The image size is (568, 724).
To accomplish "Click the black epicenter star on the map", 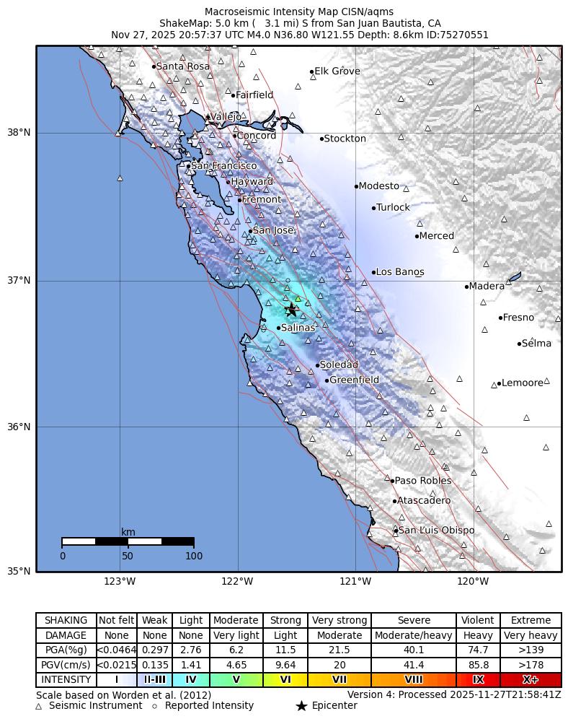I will pyautogui.click(x=291, y=310).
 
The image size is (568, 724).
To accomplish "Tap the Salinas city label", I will pyautogui.click(x=298, y=328).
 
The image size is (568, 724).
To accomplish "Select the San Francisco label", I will pyautogui.click(x=223, y=166).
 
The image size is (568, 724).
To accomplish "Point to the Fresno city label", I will pyautogui.click(x=518, y=318).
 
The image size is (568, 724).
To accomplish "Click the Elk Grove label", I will pyautogui.click(x=337, y=71).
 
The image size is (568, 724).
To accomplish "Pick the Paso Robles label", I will pyautogui.click(x=423, y=481).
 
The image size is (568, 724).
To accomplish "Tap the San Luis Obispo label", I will pyautogui.click(x=436, y=531).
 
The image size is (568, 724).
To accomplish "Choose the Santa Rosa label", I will pyautogui.click(x=183, y=66).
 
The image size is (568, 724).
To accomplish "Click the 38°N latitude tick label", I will pyautogui.click(x=19, y=133).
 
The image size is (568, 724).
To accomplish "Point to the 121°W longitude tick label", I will pyautogui.click(x=355, y=582).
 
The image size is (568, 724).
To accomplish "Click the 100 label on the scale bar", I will pyautogui.click(x=194, y=556).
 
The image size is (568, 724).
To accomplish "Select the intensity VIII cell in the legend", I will pyautogui.click(x=414, y=680).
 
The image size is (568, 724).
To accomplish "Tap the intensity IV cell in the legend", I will pyautogui.click(x=191, y=680).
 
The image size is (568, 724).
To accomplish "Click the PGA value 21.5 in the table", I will pyautogui.click(x=340, y=650).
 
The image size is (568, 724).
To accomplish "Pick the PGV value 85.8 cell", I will pyautogui.click(x=478, y=665).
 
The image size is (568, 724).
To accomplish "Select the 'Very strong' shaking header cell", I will pyautogui.click(x=340, y=621).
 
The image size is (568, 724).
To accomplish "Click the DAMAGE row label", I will pyautogui.click(x=66, y=636).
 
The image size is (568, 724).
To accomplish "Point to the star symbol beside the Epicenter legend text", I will pyautogui.click(x=301, y=706).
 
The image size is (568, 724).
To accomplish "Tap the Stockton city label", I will pyautogui.click(x=345, y=139).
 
